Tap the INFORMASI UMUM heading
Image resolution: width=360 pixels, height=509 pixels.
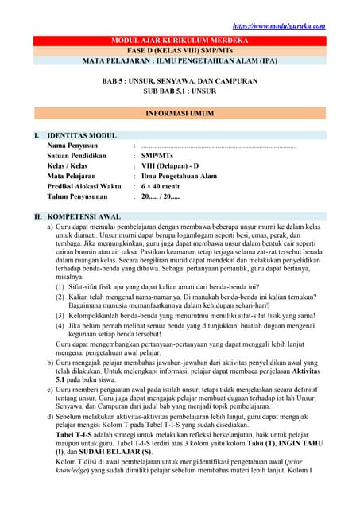(179, 114)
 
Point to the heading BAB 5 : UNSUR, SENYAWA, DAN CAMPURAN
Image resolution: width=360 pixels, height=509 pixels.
(179, 81)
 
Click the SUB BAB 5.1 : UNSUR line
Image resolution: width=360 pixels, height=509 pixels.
(179, 91)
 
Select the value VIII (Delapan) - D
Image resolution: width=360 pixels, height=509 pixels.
(170, 166)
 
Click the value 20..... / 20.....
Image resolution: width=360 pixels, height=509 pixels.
(161, 196)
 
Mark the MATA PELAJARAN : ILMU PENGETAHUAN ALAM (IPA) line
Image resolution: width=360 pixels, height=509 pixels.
(179, 60)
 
